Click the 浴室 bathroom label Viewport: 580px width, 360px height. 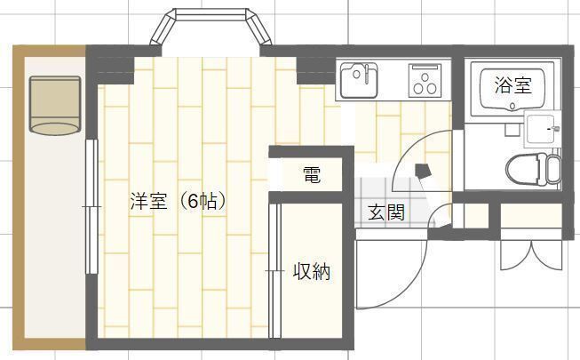pyautogui.click(x=513, y=85)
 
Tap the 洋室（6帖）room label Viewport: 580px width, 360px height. pyautogui.click(x=179, y=202)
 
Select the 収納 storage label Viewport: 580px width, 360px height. pyautogui.click(x=312, y=271)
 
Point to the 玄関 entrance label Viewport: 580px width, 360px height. pyautogui.click(x=386, y=212)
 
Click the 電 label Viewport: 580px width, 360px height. pyautogui.click(x=312, y=175)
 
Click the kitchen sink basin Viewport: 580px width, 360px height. pyautogui.click(x=359, y=80)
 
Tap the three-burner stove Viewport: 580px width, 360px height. pyautogui.click(x=425, y=80)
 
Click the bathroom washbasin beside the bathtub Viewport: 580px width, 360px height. pyautogui.click(x=542, y=129)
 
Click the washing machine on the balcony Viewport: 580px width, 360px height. pyautogui.click(x=55, y=106)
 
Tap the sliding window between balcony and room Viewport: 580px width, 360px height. pyautogui.click(x=91, y=206)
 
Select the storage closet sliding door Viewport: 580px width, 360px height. pyautogui.click(x=274, y=271)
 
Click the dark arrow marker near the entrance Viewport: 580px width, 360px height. pyautogui.click(x=422, y=172)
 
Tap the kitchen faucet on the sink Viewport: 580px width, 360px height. pyautogui.click(x=367, y=74)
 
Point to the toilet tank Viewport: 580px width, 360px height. pyautogui.click(x=553, y=170)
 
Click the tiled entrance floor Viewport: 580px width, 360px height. pyautogui.click(x=388, y=203)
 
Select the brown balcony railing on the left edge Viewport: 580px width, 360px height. pyautogui.click(x=19, y=197)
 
